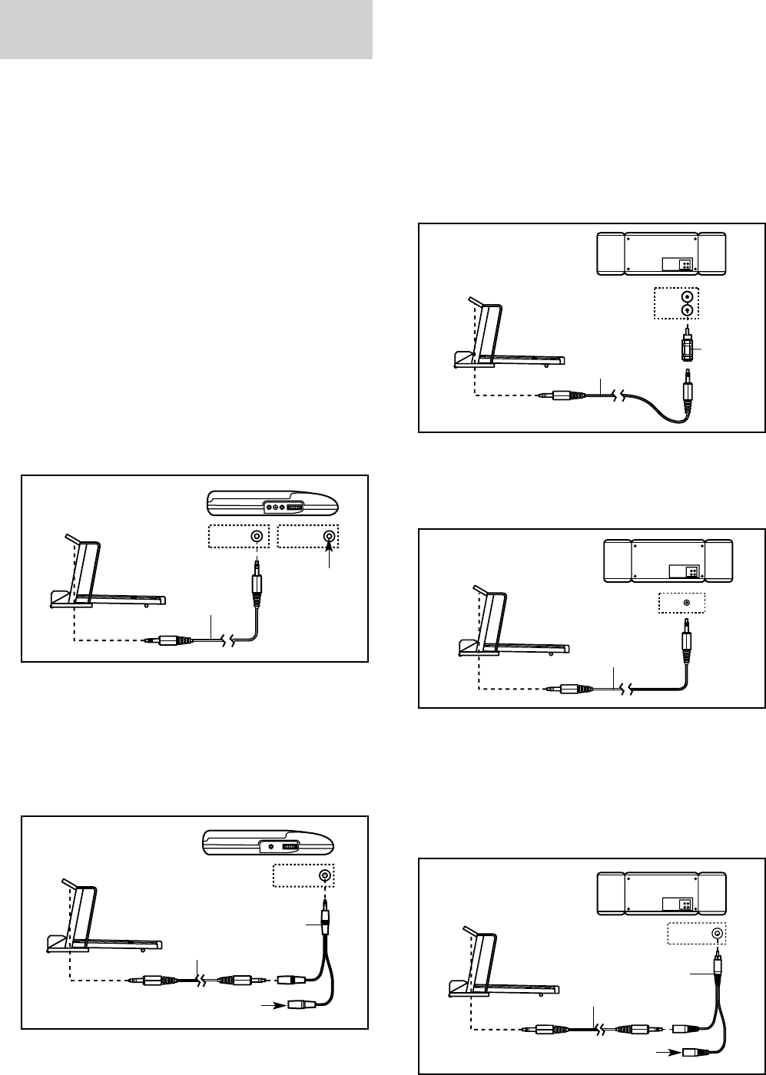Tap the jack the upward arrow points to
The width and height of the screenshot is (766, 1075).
click(x=330, y=537)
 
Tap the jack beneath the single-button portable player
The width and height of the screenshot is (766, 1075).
click(x=326, y=875)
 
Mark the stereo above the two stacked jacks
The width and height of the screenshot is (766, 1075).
click(x=661, y=253)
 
